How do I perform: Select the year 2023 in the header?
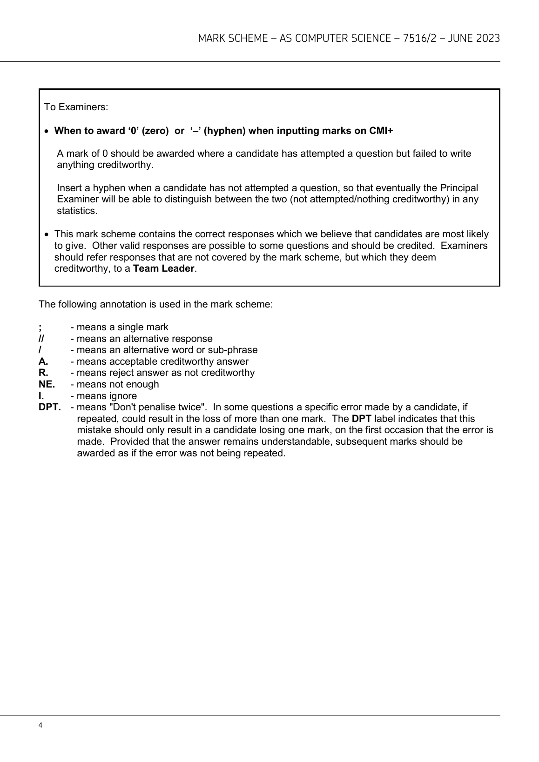(488, 39)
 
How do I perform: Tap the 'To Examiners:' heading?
(76, 107)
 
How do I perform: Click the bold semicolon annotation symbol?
(40, 327)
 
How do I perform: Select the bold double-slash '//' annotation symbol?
(41, 339)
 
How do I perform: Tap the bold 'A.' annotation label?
(43, 361)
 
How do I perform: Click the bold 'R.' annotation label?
(43, 373)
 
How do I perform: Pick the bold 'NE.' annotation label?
(47, 384)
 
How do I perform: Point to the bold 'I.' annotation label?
(41, 396)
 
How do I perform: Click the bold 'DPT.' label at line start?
(49, 407)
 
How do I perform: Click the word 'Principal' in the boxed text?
(458, 188)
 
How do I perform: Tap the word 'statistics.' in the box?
(77, 211)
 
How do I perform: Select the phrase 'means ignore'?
(107, 396)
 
